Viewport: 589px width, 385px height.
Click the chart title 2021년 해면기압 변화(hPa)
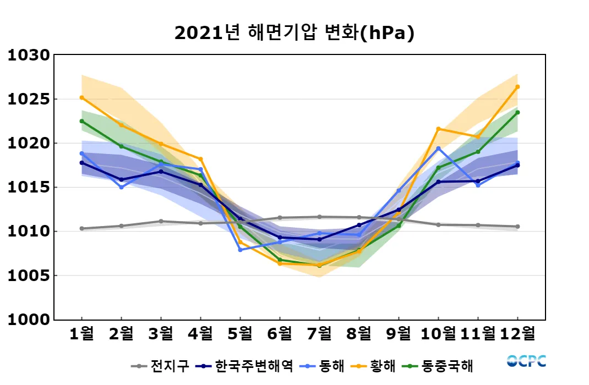pyautogui.click(x=294, y=33)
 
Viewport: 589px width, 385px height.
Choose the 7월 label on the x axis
pyautogui.click(x=319, y=333)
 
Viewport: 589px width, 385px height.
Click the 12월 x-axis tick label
pyautogui.click(x=517, y=333)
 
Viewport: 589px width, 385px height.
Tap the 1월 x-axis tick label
pyautogui.click(x=81, y=333)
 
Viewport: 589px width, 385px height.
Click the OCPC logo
pyautogui.click(x=526, y=361)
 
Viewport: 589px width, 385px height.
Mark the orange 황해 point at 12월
pyautogui.click(x=517, y=87)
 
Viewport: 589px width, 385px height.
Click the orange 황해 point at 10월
pyautogui.click(x=438, y=129)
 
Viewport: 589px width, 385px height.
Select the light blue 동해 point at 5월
pyautogui.click(x=240, y=250)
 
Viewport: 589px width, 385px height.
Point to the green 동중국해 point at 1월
pyautogui.click(x=81, y=121)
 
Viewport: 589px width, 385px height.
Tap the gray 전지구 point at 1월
pyautogui.click(x=81, y=228)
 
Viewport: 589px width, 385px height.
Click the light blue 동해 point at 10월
pyautogui.click(x=438, y=148)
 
